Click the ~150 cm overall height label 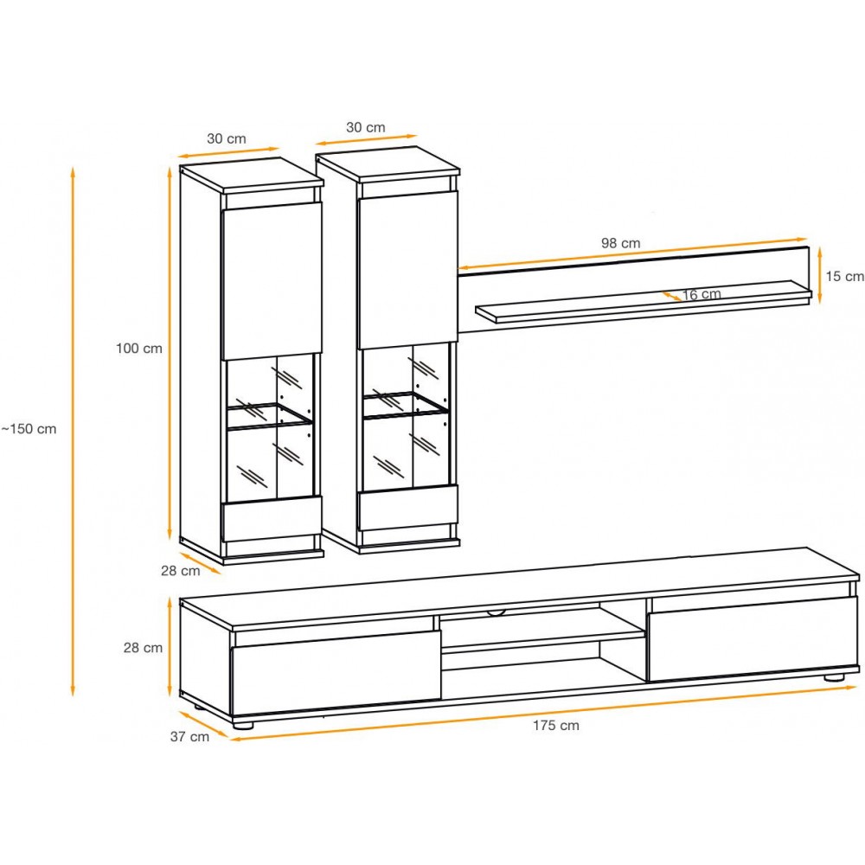coord(29,429)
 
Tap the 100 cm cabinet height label coord(139,348)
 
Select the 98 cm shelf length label coord(620,243)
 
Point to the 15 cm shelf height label coord(844,276)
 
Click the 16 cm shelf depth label coord(702,295)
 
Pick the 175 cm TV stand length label coord(556,726)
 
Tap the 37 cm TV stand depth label coord(189,736)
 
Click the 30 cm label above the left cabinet coord(226,138)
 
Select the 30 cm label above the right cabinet coord(366,127)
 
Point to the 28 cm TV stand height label coord(143,648)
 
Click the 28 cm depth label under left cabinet coord(181,571)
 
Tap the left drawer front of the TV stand coord(336,672)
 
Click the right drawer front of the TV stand coord(753,638)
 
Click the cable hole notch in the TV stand coord(497,612)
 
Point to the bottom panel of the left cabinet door coord(272,518)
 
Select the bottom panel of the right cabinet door coord(407,509)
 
